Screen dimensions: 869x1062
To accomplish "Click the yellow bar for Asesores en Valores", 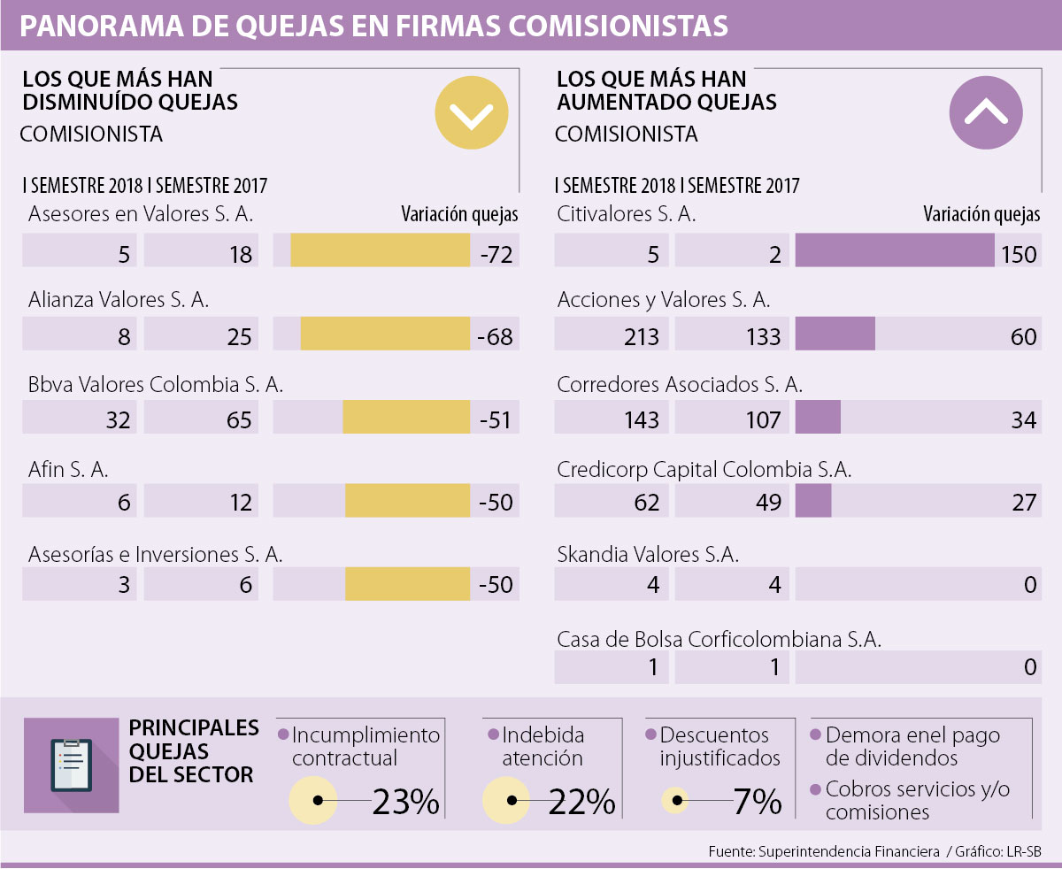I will coord(380,250).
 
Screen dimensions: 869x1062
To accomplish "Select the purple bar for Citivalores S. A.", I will coord(896,250).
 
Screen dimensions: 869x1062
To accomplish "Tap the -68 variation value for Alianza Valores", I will coord(495,336).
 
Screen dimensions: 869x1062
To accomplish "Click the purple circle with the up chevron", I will coord(986,112).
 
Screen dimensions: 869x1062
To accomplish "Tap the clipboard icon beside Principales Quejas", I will coord(71,764).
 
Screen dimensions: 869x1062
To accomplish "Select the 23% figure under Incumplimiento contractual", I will coord(405,802).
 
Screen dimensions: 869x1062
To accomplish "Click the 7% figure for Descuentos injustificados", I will coord(757,802).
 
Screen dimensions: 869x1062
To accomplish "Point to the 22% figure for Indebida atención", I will coord(581,802).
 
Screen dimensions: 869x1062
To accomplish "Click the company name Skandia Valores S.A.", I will coord(648,555).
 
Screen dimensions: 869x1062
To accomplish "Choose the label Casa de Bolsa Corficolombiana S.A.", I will coord(719,639).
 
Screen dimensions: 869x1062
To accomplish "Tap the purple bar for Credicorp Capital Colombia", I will coord(813,502).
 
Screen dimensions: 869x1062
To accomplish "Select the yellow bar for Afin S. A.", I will coord(407,502).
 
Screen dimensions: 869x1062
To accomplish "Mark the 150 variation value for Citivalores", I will coord(1019,254).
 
